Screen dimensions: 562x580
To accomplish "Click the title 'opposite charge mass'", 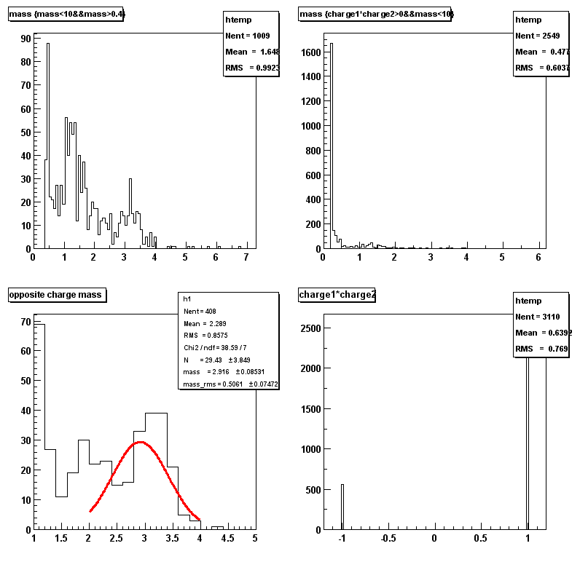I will tap(55, 295).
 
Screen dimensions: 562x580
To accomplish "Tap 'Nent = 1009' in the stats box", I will tap(250, 36).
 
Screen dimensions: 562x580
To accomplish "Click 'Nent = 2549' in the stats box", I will tap(538, 36).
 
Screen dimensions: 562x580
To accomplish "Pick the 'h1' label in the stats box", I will tap(187, 298).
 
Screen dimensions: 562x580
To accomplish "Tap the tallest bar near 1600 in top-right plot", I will tap(332, 146).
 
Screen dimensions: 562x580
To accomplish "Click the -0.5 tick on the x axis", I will tap(388, 539).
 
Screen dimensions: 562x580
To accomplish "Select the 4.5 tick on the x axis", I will tap(227, 539).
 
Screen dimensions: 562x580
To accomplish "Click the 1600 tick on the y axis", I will tap(309, 52).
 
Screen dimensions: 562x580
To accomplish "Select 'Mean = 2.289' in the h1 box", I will tap(202, 322).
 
